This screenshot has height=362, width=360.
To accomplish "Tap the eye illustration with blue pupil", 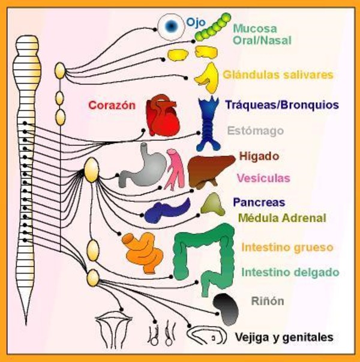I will (172, 25).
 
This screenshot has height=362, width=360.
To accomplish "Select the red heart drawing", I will (163, 115).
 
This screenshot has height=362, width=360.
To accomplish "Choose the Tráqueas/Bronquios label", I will (278, 105).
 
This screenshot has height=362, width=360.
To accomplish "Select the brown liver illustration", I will (210, 169).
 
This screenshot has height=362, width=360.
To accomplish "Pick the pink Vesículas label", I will (263, 178).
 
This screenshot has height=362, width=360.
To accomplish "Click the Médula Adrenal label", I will (282, 218).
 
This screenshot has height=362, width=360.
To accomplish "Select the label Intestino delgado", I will (290, 272).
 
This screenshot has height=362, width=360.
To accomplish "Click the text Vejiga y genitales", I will (284, 338).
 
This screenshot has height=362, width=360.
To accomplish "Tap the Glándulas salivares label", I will (277, 75).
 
